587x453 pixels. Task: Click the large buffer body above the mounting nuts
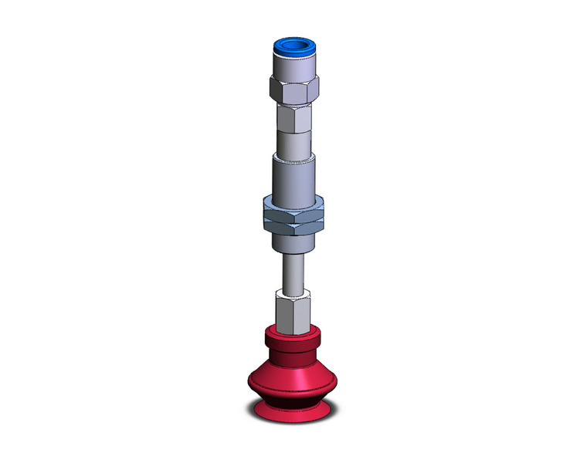tap(293, 177)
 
